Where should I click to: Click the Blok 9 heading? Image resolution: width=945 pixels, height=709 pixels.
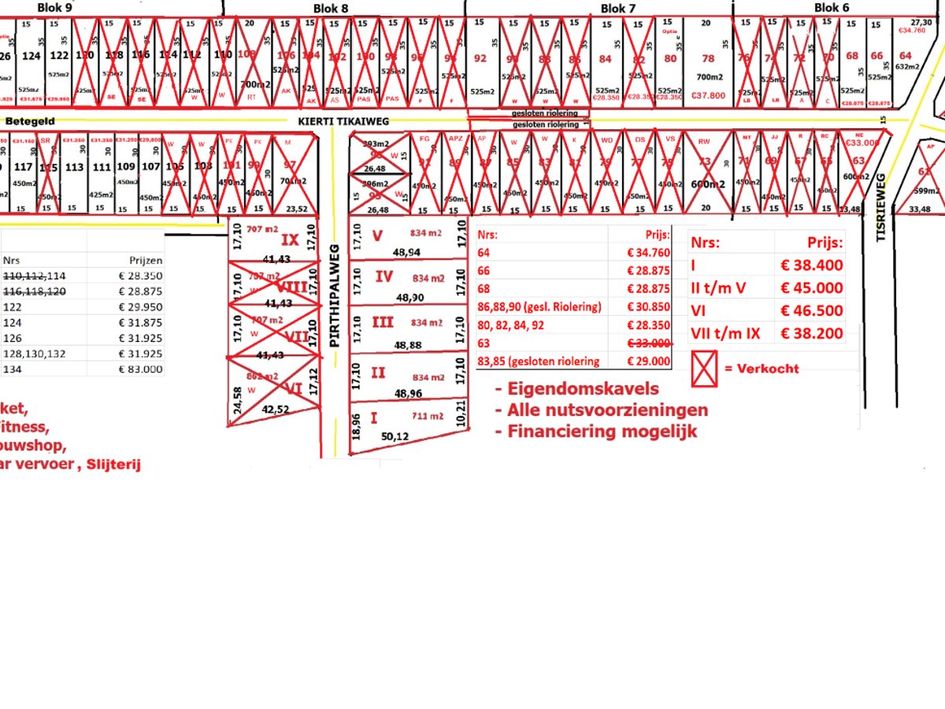(55, 7)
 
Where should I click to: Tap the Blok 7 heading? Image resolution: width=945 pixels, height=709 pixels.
(618, 8)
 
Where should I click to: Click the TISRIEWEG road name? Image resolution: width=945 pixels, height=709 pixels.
(882, 206)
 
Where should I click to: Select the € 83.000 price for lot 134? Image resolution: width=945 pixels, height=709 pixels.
(140, 369)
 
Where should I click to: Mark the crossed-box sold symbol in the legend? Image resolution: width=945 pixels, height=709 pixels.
(703, 369)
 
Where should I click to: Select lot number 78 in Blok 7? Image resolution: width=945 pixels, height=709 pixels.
(708, 58)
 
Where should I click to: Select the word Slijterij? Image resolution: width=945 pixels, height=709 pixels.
(114, 465)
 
